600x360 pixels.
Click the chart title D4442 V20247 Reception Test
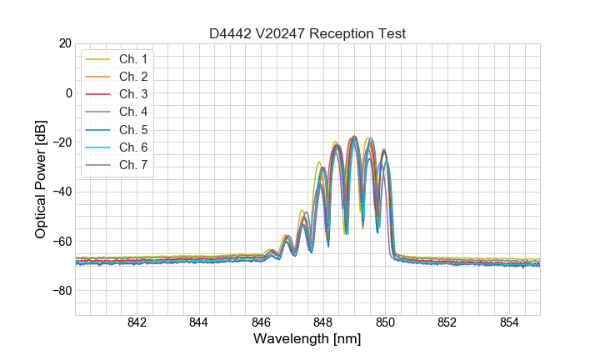(x=307, y=33)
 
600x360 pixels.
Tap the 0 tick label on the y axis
(x=67, y=92)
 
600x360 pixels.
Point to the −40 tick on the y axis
(x=61, y=192)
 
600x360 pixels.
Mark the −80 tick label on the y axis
(x=61, y=291)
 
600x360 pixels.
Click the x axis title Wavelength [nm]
(x=307, y=340)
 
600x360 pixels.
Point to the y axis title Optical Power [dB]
(x=41, y=179)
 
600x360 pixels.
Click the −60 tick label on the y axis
(x=61, y=242)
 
